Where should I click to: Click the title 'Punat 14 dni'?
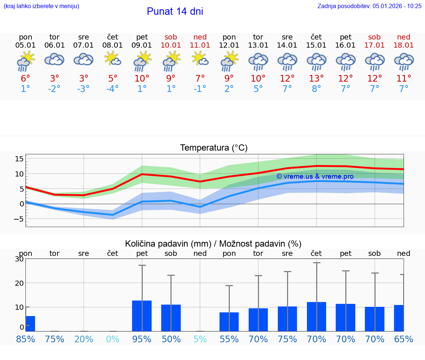175,11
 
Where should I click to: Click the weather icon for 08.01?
113,59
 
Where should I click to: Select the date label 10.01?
171,45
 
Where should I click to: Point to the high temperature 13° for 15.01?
316,78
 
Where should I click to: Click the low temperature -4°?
113,89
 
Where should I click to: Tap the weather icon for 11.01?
200,59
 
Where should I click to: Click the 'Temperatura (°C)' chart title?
214,148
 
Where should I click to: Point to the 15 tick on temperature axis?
20,159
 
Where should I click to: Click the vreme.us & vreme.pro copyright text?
315,176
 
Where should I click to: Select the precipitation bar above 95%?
142,316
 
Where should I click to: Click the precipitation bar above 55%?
229,322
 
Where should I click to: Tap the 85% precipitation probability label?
25,339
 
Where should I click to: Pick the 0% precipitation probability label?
113,339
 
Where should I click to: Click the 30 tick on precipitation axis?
20,259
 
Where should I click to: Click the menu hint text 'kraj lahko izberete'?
41,6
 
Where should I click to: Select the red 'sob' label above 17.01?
374,37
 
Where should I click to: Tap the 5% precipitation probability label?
200,339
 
